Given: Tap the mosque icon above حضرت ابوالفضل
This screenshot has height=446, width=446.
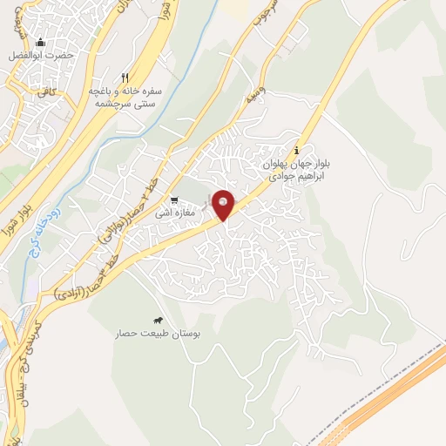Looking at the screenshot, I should click(x=40, y=42).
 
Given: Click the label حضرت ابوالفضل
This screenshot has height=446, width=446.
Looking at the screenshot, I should click(x=40, y=57).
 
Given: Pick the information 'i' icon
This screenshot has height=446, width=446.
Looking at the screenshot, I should click(x=300, y=149).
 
